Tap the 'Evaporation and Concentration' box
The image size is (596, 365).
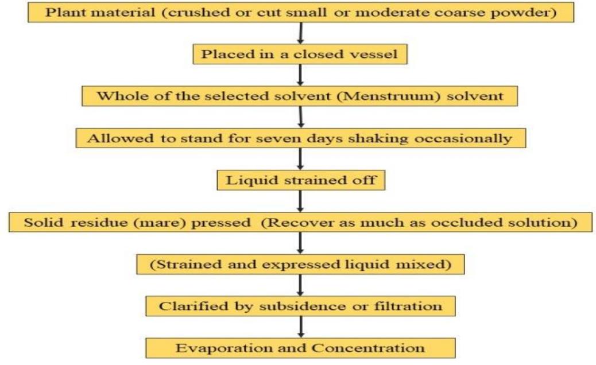click(300, 348)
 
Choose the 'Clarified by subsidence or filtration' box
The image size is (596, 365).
click(300, 306)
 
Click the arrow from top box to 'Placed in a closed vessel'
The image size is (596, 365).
click(300, 33)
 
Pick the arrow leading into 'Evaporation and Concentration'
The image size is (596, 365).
click(300, 327)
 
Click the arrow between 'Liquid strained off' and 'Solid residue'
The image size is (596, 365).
click(300, 201)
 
